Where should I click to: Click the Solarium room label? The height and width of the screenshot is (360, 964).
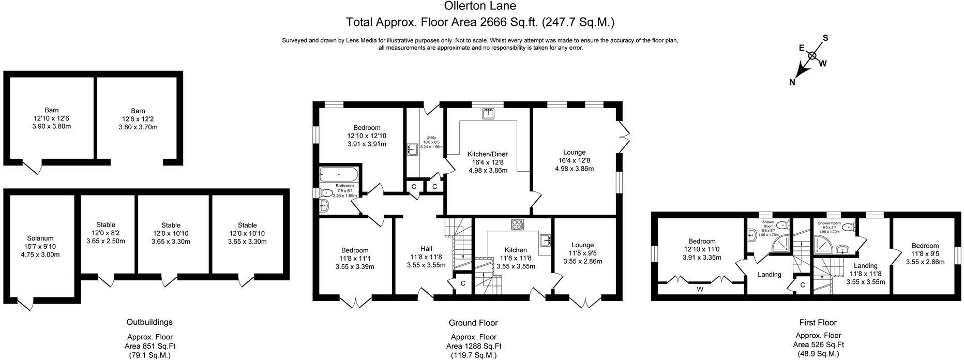[40, 238]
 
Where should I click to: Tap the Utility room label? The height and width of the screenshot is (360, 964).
[431, 138]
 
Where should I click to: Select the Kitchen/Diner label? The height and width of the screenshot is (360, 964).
[488, 154]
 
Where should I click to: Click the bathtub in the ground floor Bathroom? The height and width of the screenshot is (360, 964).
[338, 174]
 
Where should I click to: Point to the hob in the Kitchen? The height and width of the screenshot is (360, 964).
[517, 224]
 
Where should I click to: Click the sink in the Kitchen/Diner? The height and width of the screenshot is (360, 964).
[488, 113]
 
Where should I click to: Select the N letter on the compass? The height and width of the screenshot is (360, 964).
[792, 82]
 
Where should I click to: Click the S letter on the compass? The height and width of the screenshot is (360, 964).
[825, 38]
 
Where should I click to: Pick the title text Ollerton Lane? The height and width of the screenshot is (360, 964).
[480, 6]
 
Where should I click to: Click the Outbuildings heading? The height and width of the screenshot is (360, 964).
[149, 322]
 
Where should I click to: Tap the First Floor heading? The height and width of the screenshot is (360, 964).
[818, 323]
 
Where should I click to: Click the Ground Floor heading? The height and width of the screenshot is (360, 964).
[473, 323]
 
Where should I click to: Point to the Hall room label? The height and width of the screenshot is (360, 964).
[426, 249]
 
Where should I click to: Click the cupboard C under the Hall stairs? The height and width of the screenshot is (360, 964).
[463, 283]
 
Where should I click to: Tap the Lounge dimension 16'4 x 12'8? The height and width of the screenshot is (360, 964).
[574, 160]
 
